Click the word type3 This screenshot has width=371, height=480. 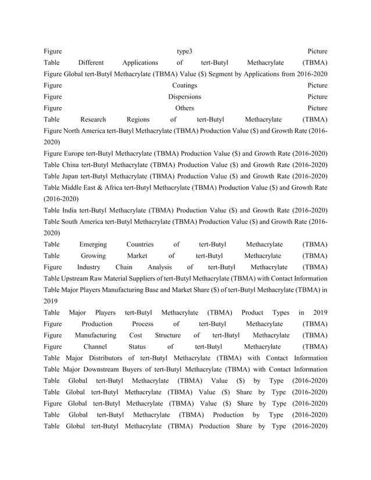185,51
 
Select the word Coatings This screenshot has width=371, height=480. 185,85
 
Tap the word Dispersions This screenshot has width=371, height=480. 185,96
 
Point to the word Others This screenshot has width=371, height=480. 185,108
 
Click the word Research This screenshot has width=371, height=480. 93,119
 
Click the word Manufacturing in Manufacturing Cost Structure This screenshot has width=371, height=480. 95,335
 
